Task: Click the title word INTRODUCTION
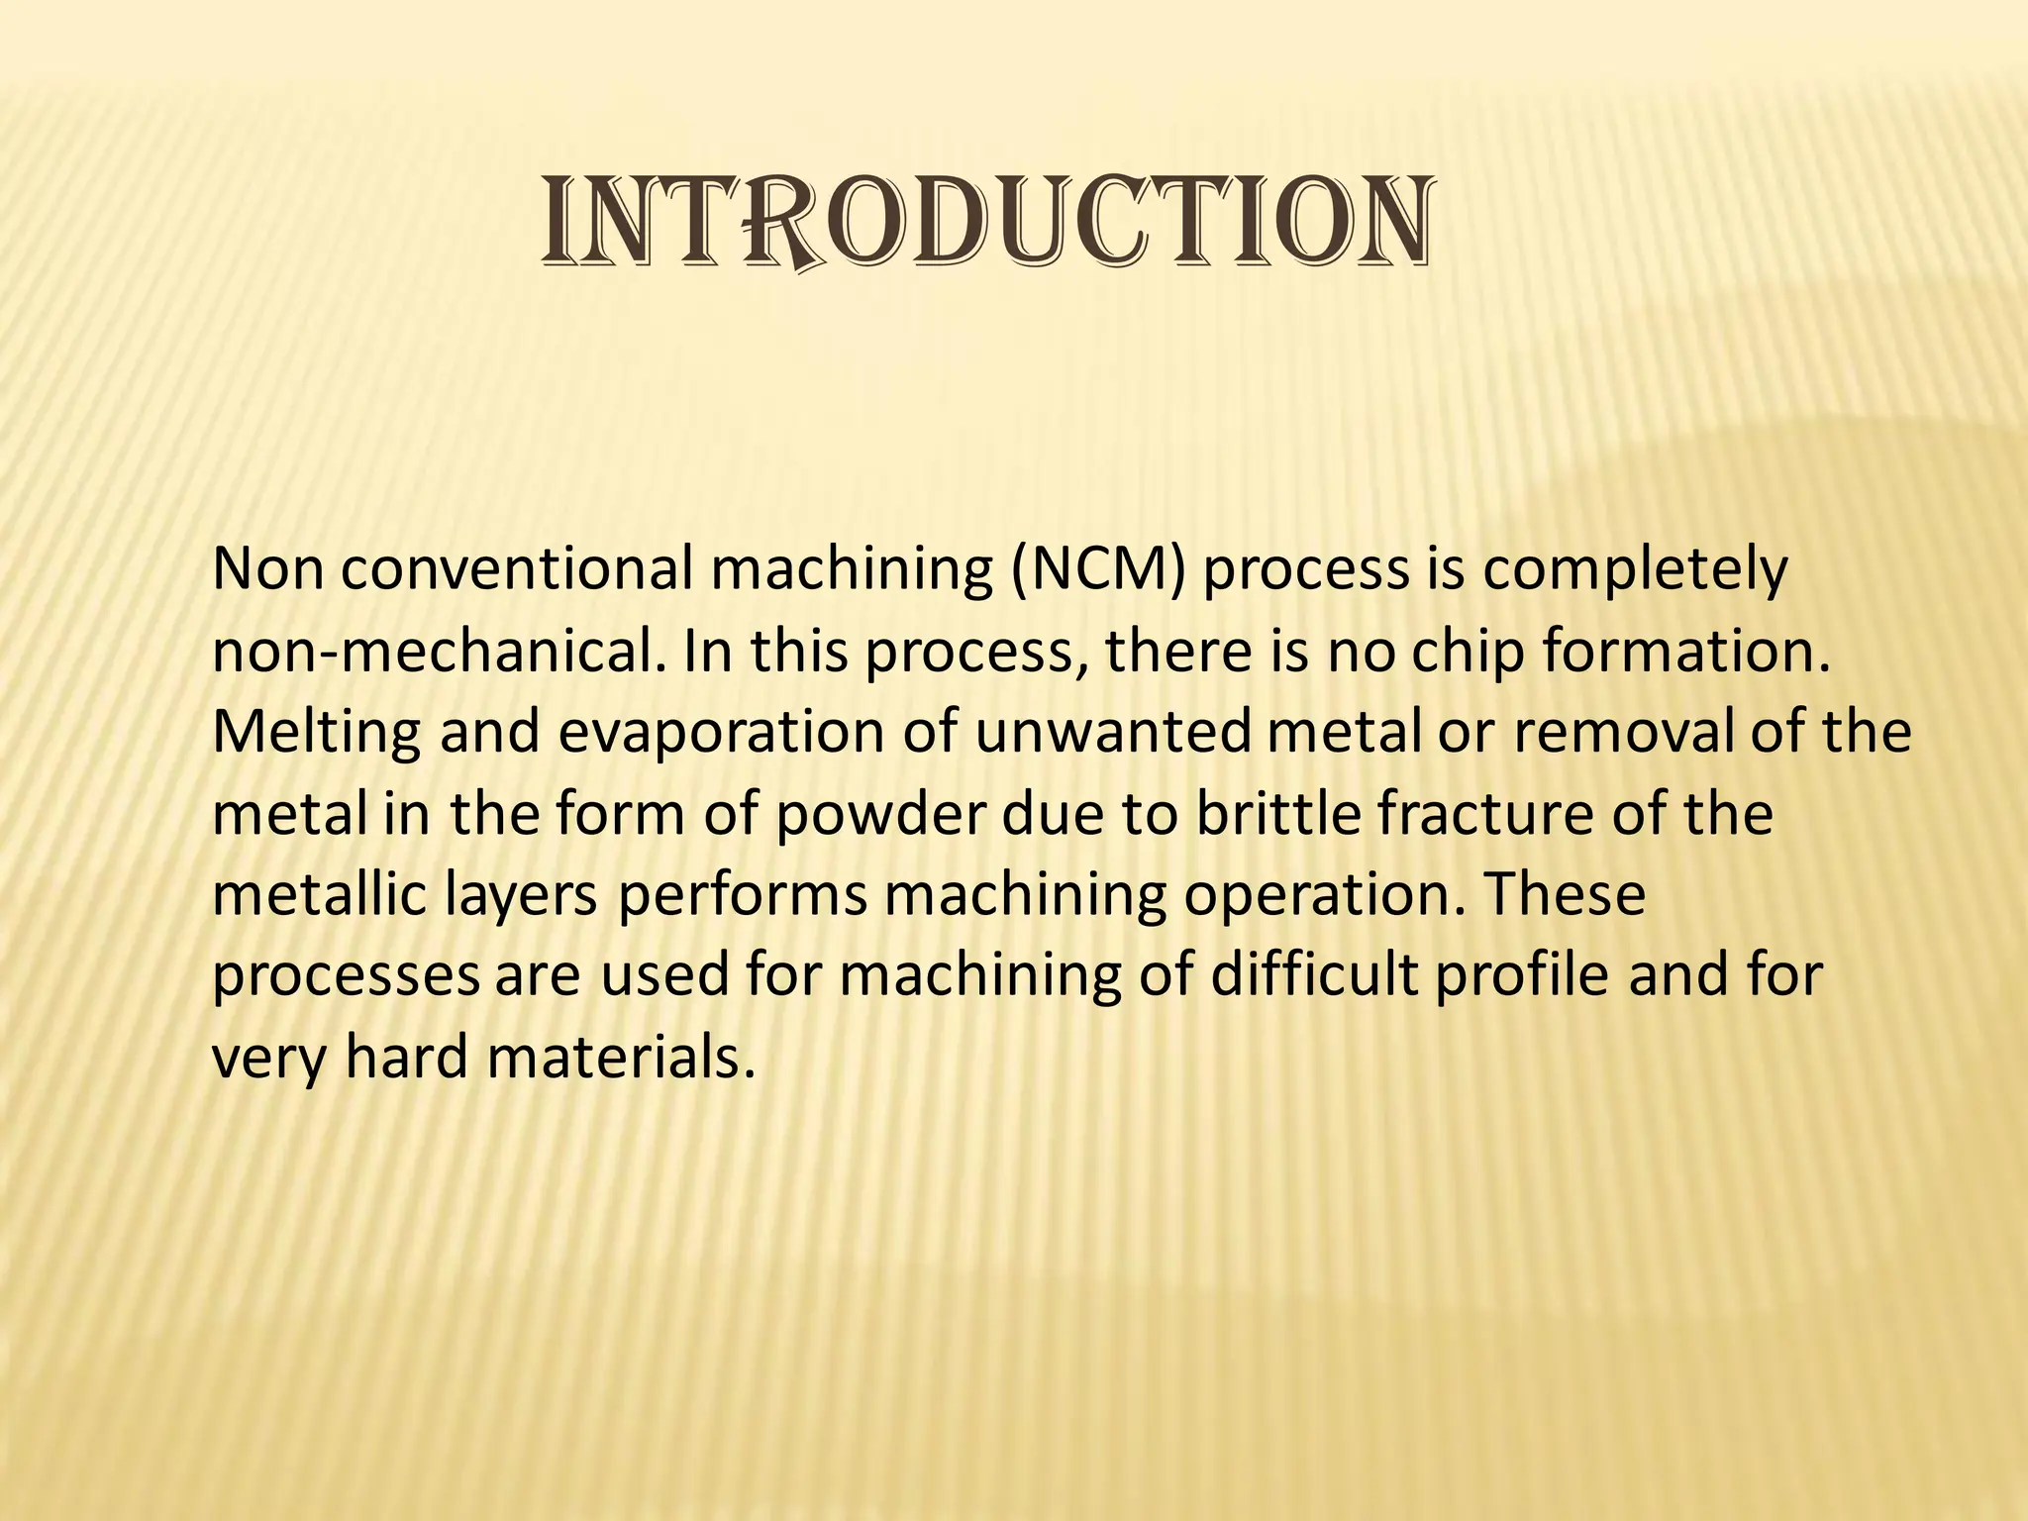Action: pos(986,222)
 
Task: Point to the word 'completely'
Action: pos(1635,571)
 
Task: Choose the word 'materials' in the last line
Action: pos(614,1057)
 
